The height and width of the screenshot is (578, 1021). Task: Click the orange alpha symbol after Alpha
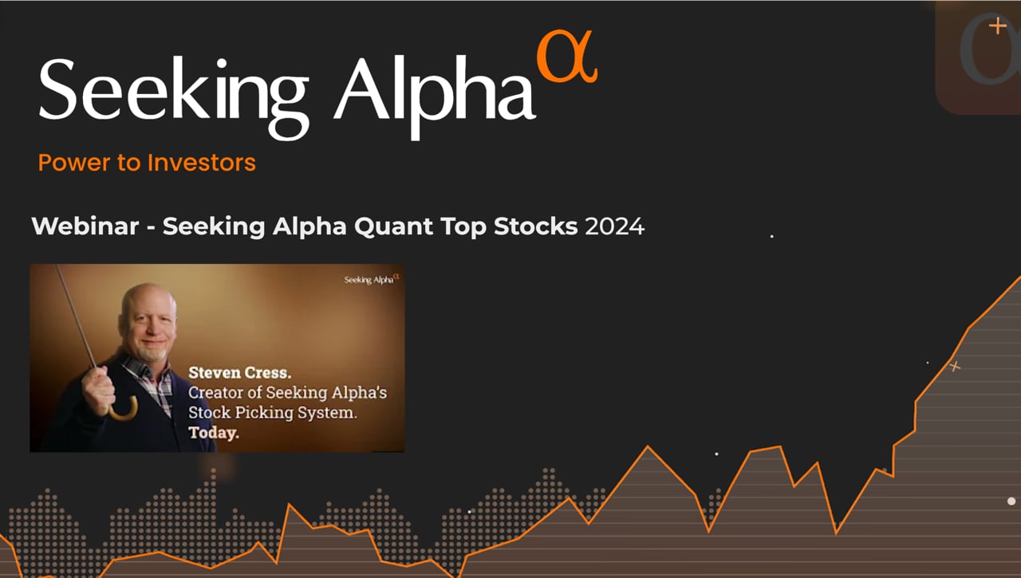click(x=567, y=59)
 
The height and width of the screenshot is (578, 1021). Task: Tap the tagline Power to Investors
click(x=147, y=163)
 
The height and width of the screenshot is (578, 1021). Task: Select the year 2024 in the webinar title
click(x=614, y=226)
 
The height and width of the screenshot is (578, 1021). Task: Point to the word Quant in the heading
click(x=393, y=226)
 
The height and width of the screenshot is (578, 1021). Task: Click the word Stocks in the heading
click(x=535, y=226)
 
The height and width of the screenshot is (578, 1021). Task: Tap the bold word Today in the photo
click(x=214, y=434)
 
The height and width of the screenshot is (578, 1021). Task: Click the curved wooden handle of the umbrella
click(x=124, y=410)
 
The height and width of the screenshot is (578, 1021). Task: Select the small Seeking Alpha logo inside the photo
click(x=371, y=280)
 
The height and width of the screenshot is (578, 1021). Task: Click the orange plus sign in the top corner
click(x=997, y=26)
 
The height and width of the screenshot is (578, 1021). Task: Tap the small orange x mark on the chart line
click(x=955, y=367)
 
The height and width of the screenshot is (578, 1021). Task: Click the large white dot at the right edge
click(x=1011, y=501)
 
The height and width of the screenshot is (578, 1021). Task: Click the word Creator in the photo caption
click(x=215, y=392)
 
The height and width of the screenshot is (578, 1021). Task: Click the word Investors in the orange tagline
click(x=201, y=163)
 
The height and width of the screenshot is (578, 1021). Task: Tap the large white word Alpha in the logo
click(x=434, y=89)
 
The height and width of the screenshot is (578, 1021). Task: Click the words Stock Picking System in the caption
click(x=272, y=413)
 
